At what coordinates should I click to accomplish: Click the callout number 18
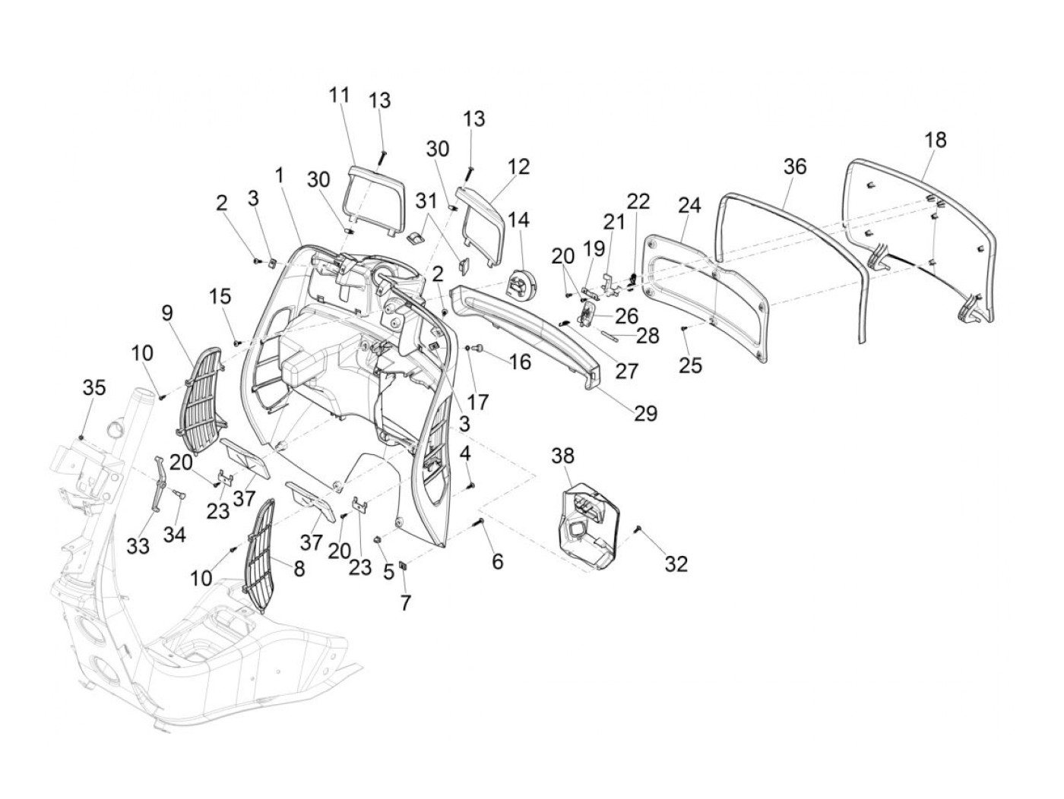936,141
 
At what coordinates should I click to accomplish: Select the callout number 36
795,166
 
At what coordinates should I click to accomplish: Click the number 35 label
94,387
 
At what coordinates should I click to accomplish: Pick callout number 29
646,413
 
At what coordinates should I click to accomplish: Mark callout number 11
340,96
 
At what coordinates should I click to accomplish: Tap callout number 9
167,311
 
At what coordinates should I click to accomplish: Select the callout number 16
520,362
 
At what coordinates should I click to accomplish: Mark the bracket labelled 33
158,484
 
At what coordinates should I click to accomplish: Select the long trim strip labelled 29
532,333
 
